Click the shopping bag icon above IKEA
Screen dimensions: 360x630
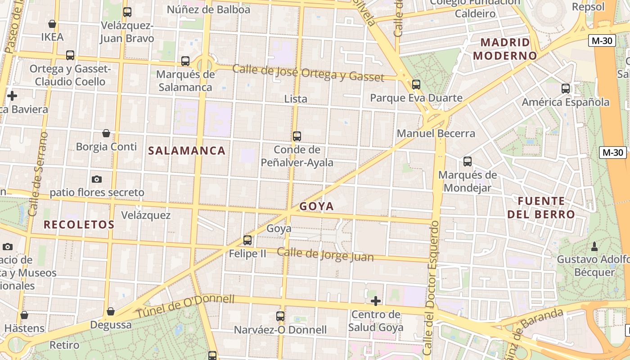pyautogui.click(x=52, y=24)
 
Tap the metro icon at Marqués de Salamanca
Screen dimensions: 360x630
pyautogui.click(x=185, y=61)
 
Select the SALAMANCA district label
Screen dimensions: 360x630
pyautogui.click(x=187, y=151)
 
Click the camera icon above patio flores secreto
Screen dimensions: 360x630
pyautogui.click(x=96, y=179)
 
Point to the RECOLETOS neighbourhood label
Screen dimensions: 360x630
pyautogui.click(x=79, y=224)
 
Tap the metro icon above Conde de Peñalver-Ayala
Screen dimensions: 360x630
pyautogui.click(x=297, y=136)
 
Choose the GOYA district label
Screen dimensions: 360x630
pyautogui.click(x=317, y=206)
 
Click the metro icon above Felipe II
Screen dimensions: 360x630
pyautogui.click(x=247, y=240)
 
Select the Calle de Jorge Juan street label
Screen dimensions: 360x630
pyautogui.click(x=325, y=254)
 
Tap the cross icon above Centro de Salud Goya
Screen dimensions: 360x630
pyautogui.click(x=375, y=301)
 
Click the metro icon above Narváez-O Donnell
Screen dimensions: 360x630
pyautogui.click(x=280, y=316)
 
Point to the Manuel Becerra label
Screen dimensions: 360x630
pyautogui.click(x=436, y=133)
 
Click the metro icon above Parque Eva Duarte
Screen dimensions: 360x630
pyautogui.click(x=416, y=84)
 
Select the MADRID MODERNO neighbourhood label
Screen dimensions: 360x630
pyautogui.click(x=505, y=49)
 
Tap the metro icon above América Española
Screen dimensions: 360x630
pyautogui.click(x=566, y=89)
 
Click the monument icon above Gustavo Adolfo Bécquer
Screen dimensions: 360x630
pyautogui.click(x=594, y=246)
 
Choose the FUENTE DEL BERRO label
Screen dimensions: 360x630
pyautogui.click(x=541, y=207)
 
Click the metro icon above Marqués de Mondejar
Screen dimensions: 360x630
pyautogui.click(x=468, y=162)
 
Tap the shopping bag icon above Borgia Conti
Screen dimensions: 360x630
pyautogui.click(x=106, y=133)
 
